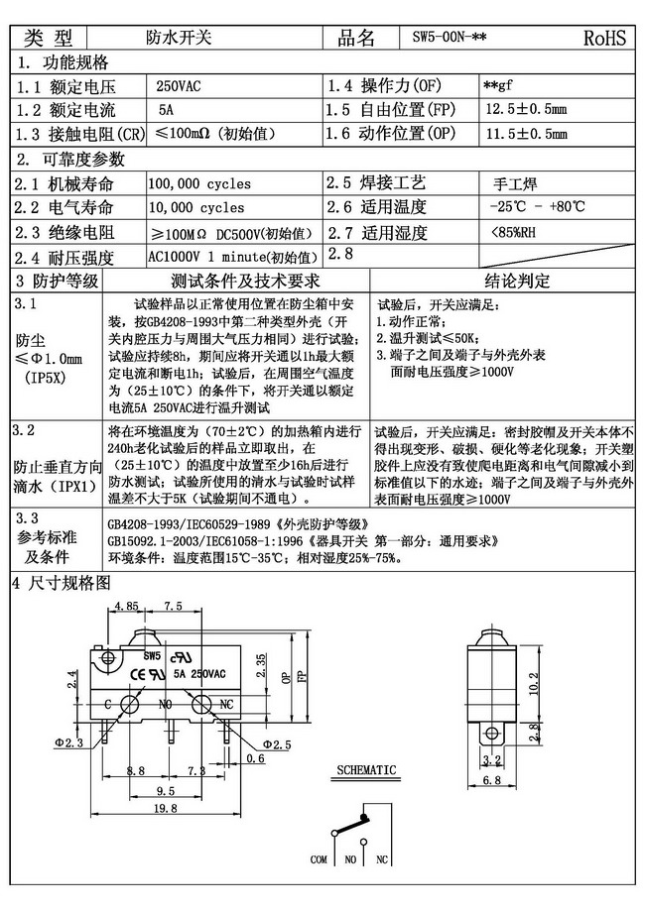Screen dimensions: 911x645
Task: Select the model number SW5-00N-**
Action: pyautogui.click(x=449, y=38)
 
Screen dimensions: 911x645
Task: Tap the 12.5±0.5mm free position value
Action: pyautogui.click(x=527, y=108)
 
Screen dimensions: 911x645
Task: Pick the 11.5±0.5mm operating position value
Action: pyautogui.click(x=527, y=133)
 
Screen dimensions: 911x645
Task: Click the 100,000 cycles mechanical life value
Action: pyautogui.click(x=199, y=183)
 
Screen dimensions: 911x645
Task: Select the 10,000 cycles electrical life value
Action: pyautogui.click(x=196, y=208)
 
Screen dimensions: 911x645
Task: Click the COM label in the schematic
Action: pyautogui.click(x=319, y=858)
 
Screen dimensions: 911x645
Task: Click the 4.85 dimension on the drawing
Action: pyautogui.click(x=125, y=606)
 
